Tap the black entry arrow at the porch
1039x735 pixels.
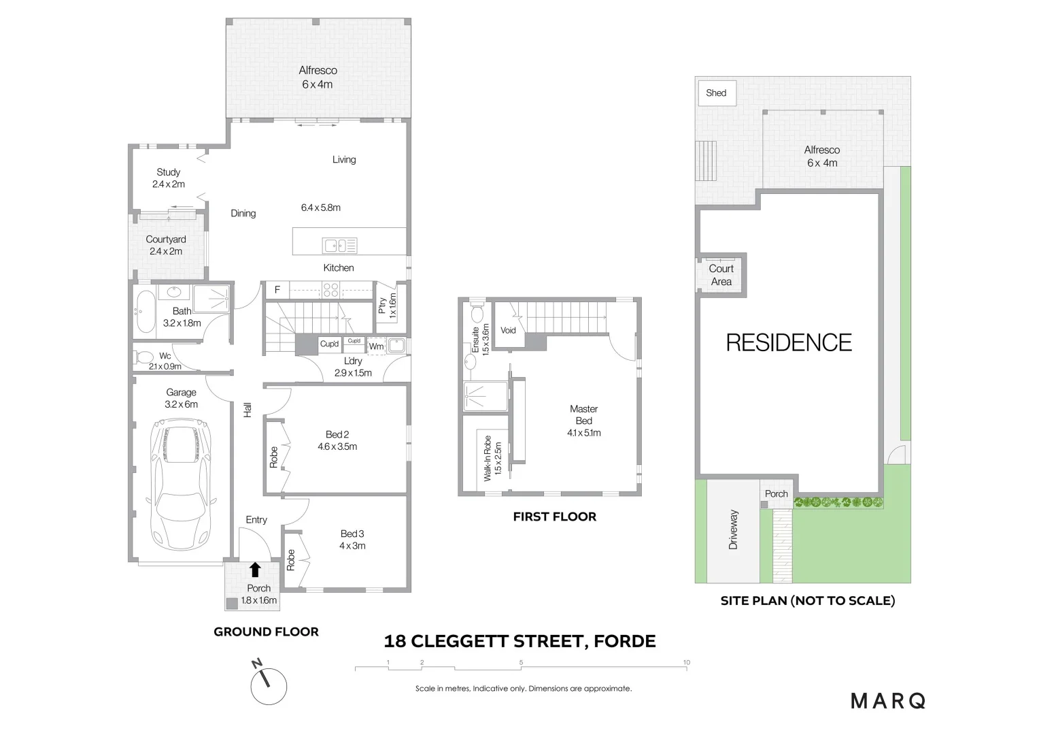click(255, 570)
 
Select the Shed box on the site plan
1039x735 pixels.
click(716, 93)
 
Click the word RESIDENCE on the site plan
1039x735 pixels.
click(789, 342)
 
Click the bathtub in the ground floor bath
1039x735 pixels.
click(146, 311)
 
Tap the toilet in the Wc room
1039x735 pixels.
click(144, 357)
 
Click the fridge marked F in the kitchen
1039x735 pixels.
click(277, 290)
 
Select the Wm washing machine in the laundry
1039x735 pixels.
click(376, 346)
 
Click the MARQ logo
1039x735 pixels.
click(888, 700)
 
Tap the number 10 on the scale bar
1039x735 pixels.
click(687, 662)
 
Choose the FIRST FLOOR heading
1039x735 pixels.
click(554, 517)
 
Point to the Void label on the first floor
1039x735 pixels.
click(508, 331)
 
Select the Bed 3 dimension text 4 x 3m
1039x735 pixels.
click(352, 546)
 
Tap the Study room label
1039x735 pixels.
click(168, 172)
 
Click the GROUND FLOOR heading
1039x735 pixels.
click(266, 632)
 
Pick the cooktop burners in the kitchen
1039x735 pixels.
click(331, 290)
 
